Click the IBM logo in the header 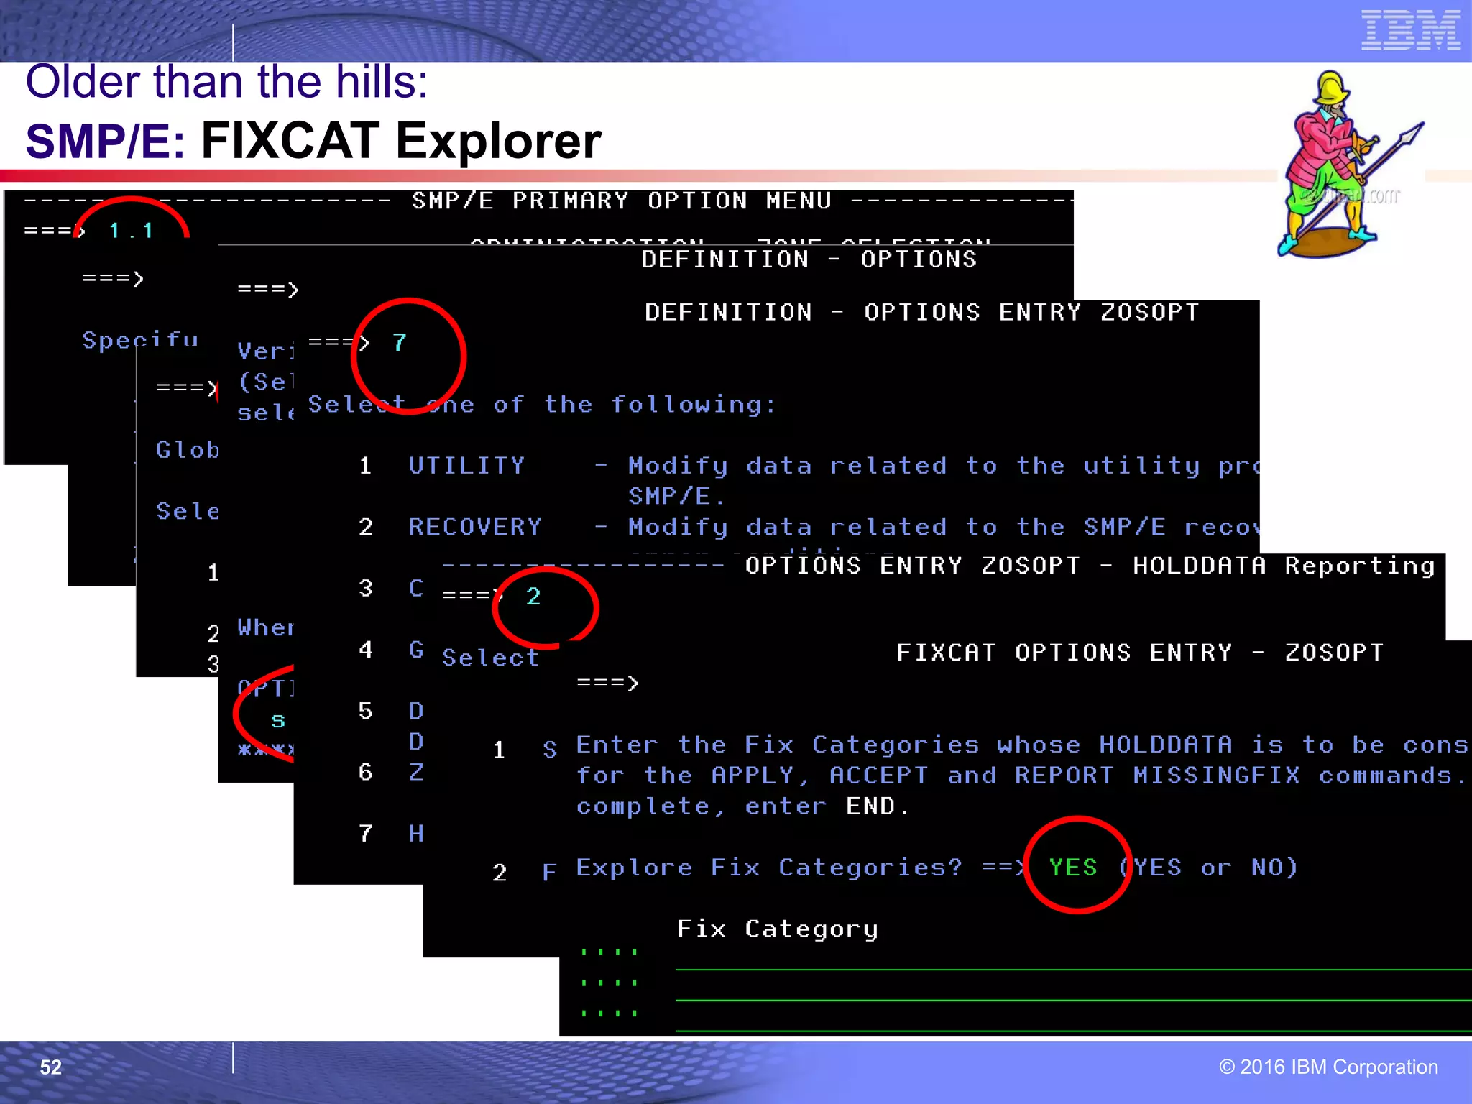pyautogui.click(x=1410, y=31)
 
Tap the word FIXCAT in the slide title pyautogui.click(x=290, y=140)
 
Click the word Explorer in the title pyautogui.click(x=498, y=142)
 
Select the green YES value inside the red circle pyautogui.click(x=1073, y=868)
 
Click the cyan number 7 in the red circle pyautogui.click(x=400, y=343)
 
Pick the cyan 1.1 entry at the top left pyautogui.click(x=132, y=231)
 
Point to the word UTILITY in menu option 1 pyautogui.click(x=466, y=466)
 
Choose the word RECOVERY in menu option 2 pyautogui.click(x=474, y=527)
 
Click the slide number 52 pyautogui.click(x=50, y=1067)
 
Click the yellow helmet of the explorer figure pyautogui.click(x=1331, y=88)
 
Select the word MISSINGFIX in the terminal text pyautogui.click(x=1216, y=776)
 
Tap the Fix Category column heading pyautogui.click(x=778, y=929)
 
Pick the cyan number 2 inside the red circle pyautogui.click(x=533, y=597)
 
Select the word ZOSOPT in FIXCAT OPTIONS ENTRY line pyautogui.click(x=1333, y=653)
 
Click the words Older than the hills pyautogui.click(x=226, y=81)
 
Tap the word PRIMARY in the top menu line pyautogui.click(x=570, y=201)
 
